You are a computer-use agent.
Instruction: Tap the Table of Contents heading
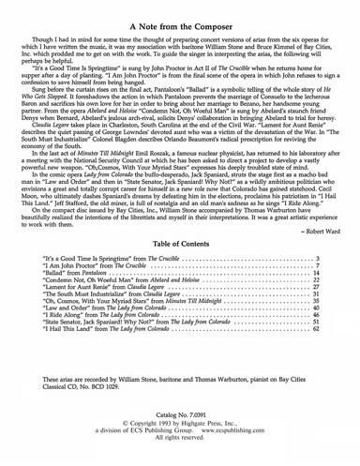coord(180,242)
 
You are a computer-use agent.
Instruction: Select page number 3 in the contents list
coord(319,258)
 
